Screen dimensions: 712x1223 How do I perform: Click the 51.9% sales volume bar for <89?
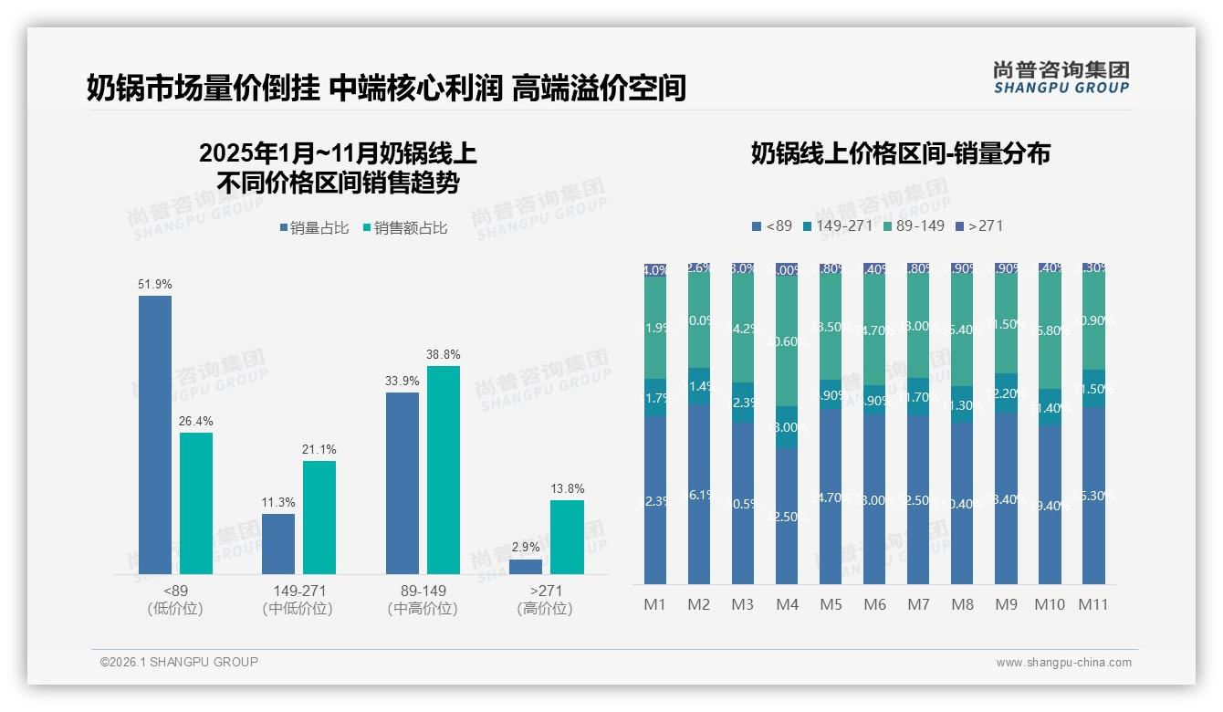tap(155, 435)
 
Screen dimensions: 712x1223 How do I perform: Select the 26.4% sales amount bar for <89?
tap(196, 503)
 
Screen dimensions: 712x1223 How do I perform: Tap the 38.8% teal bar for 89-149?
tap(444, 470)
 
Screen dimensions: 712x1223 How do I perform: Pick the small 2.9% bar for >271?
tap(526, 567)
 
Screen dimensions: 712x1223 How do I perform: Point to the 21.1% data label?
tap(319, 450)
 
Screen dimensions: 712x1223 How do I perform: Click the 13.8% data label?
tap(567, 489)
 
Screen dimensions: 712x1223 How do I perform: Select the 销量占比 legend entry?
tap(314, 228)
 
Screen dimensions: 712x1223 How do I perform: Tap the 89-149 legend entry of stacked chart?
tap(914, 225)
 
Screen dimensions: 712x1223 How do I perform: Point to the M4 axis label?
tap(787, 604)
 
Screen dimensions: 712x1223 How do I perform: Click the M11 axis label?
tap(1092, 604)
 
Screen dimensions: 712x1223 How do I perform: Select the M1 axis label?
tap(655, 604)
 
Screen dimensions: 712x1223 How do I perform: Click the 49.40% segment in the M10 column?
tap(1049, 505)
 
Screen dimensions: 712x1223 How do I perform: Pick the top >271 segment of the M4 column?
tap(787, 270)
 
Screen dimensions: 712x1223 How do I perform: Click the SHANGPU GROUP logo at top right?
tap(1061, 78)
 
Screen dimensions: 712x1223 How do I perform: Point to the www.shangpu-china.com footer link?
tap(1063, 663)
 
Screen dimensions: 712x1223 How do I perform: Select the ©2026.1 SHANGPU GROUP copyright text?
tap(179, 662)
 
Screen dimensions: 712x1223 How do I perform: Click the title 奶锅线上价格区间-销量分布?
tap(900, 153)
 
